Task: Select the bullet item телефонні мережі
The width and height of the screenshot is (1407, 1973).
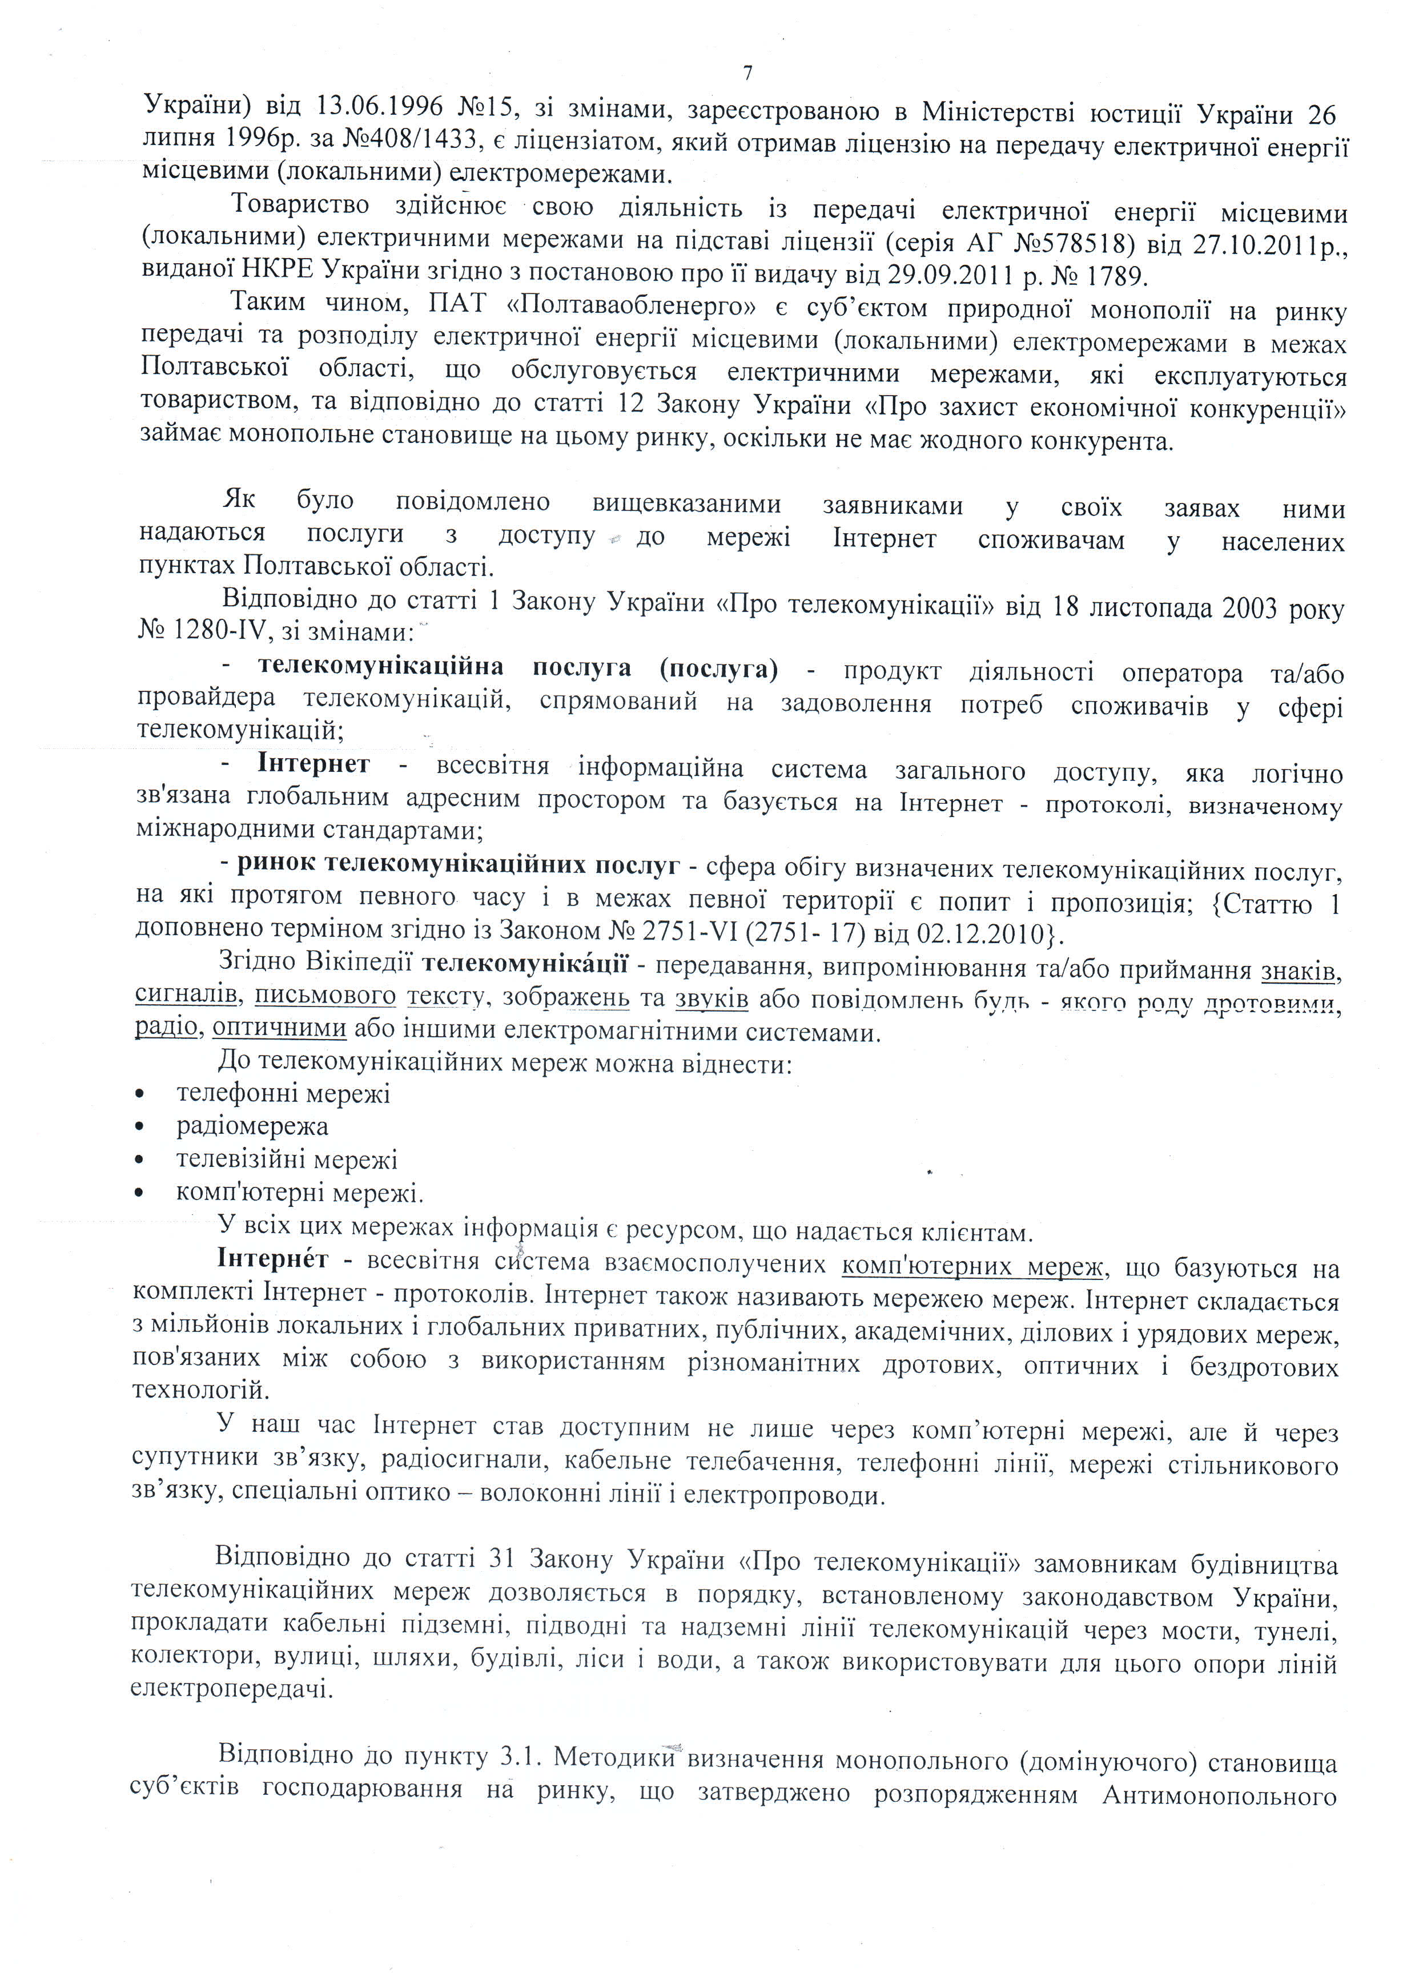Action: [283, 1094]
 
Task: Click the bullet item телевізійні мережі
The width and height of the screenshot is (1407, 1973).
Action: [287, 1159]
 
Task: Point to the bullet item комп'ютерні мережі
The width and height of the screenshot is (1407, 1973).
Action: [299, 1194]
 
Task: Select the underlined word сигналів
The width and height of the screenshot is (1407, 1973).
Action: [186, 996]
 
